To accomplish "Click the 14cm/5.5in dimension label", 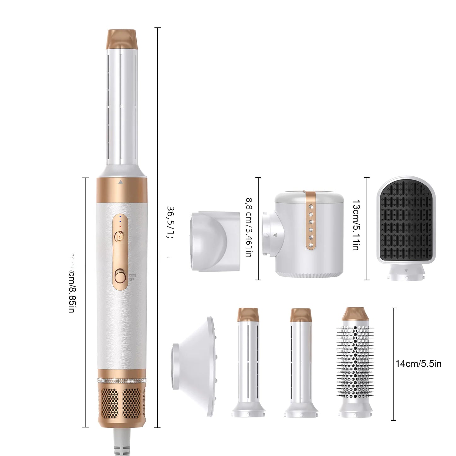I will (418, 364).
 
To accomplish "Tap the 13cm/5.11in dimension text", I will (356, 225).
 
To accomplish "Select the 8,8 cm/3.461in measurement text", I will (249, 227).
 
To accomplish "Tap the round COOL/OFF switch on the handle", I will (120, 277).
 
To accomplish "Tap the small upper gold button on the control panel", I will (120, 235).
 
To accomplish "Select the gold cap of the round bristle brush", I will (355, 314).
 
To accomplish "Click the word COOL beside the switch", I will (133, 275).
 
